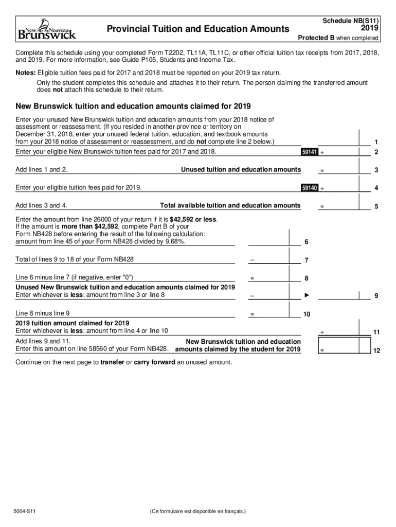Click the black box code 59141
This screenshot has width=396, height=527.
[x=310, y=152]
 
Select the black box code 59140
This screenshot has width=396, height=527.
[x=310, y=188]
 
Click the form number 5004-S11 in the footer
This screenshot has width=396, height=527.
[x=25, y=512]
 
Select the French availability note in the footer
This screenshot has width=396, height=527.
[x=198, y=512]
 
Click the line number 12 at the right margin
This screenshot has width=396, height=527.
[x=376, y=350]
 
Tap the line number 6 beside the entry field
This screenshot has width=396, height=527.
[x=306, y=242]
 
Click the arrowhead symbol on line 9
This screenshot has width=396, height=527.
[x=307, y=295]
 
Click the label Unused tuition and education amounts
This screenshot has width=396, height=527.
[x=241, y=170]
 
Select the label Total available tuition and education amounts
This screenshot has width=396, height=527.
[x=230, y=206]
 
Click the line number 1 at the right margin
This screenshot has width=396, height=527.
[x=376, y=142]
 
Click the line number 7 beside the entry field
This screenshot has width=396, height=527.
[x=306, y=260]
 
